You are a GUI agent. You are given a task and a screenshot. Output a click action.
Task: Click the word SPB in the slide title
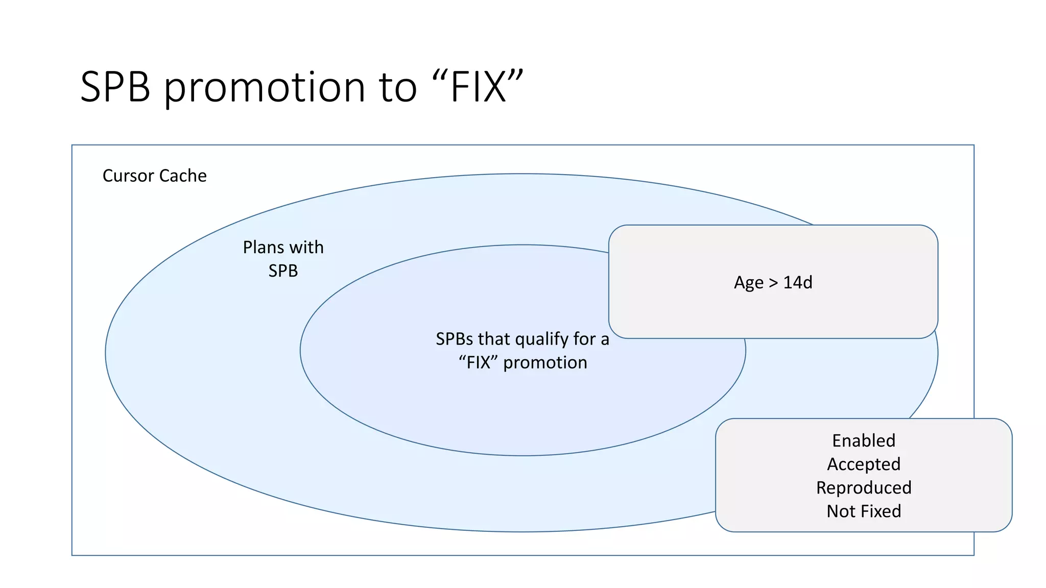tap(115, 87)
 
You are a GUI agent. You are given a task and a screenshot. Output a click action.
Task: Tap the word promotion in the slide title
tap(265, 87)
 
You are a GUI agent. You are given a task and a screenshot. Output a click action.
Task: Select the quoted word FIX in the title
tap(478, 87)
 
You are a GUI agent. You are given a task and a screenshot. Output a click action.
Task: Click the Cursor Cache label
tap(154, 176)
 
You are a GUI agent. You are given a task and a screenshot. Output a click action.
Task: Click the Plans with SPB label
tap(283, 259)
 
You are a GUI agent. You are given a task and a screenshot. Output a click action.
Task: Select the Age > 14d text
tap(773, 282)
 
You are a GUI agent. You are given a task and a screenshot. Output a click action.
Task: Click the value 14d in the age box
tap(797, 282)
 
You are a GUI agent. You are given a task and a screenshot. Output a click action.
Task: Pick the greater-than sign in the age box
tap(773, 282)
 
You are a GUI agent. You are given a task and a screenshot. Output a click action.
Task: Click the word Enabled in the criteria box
tap(864, 440)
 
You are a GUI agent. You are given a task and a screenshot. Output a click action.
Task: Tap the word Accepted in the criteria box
tap(864, 464)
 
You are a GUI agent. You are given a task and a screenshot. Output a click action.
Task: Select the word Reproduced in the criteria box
tap(864, 487)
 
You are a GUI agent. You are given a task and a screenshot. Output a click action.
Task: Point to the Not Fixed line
tap(864, 511)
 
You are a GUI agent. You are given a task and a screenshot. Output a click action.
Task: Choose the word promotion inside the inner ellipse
tap(545, 362)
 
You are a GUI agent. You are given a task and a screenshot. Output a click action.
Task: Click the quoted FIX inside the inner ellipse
tap(478, 362)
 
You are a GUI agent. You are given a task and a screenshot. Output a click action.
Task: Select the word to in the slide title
tap(398, 87)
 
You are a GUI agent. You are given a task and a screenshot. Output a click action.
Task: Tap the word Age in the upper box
tap(748, 283)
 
